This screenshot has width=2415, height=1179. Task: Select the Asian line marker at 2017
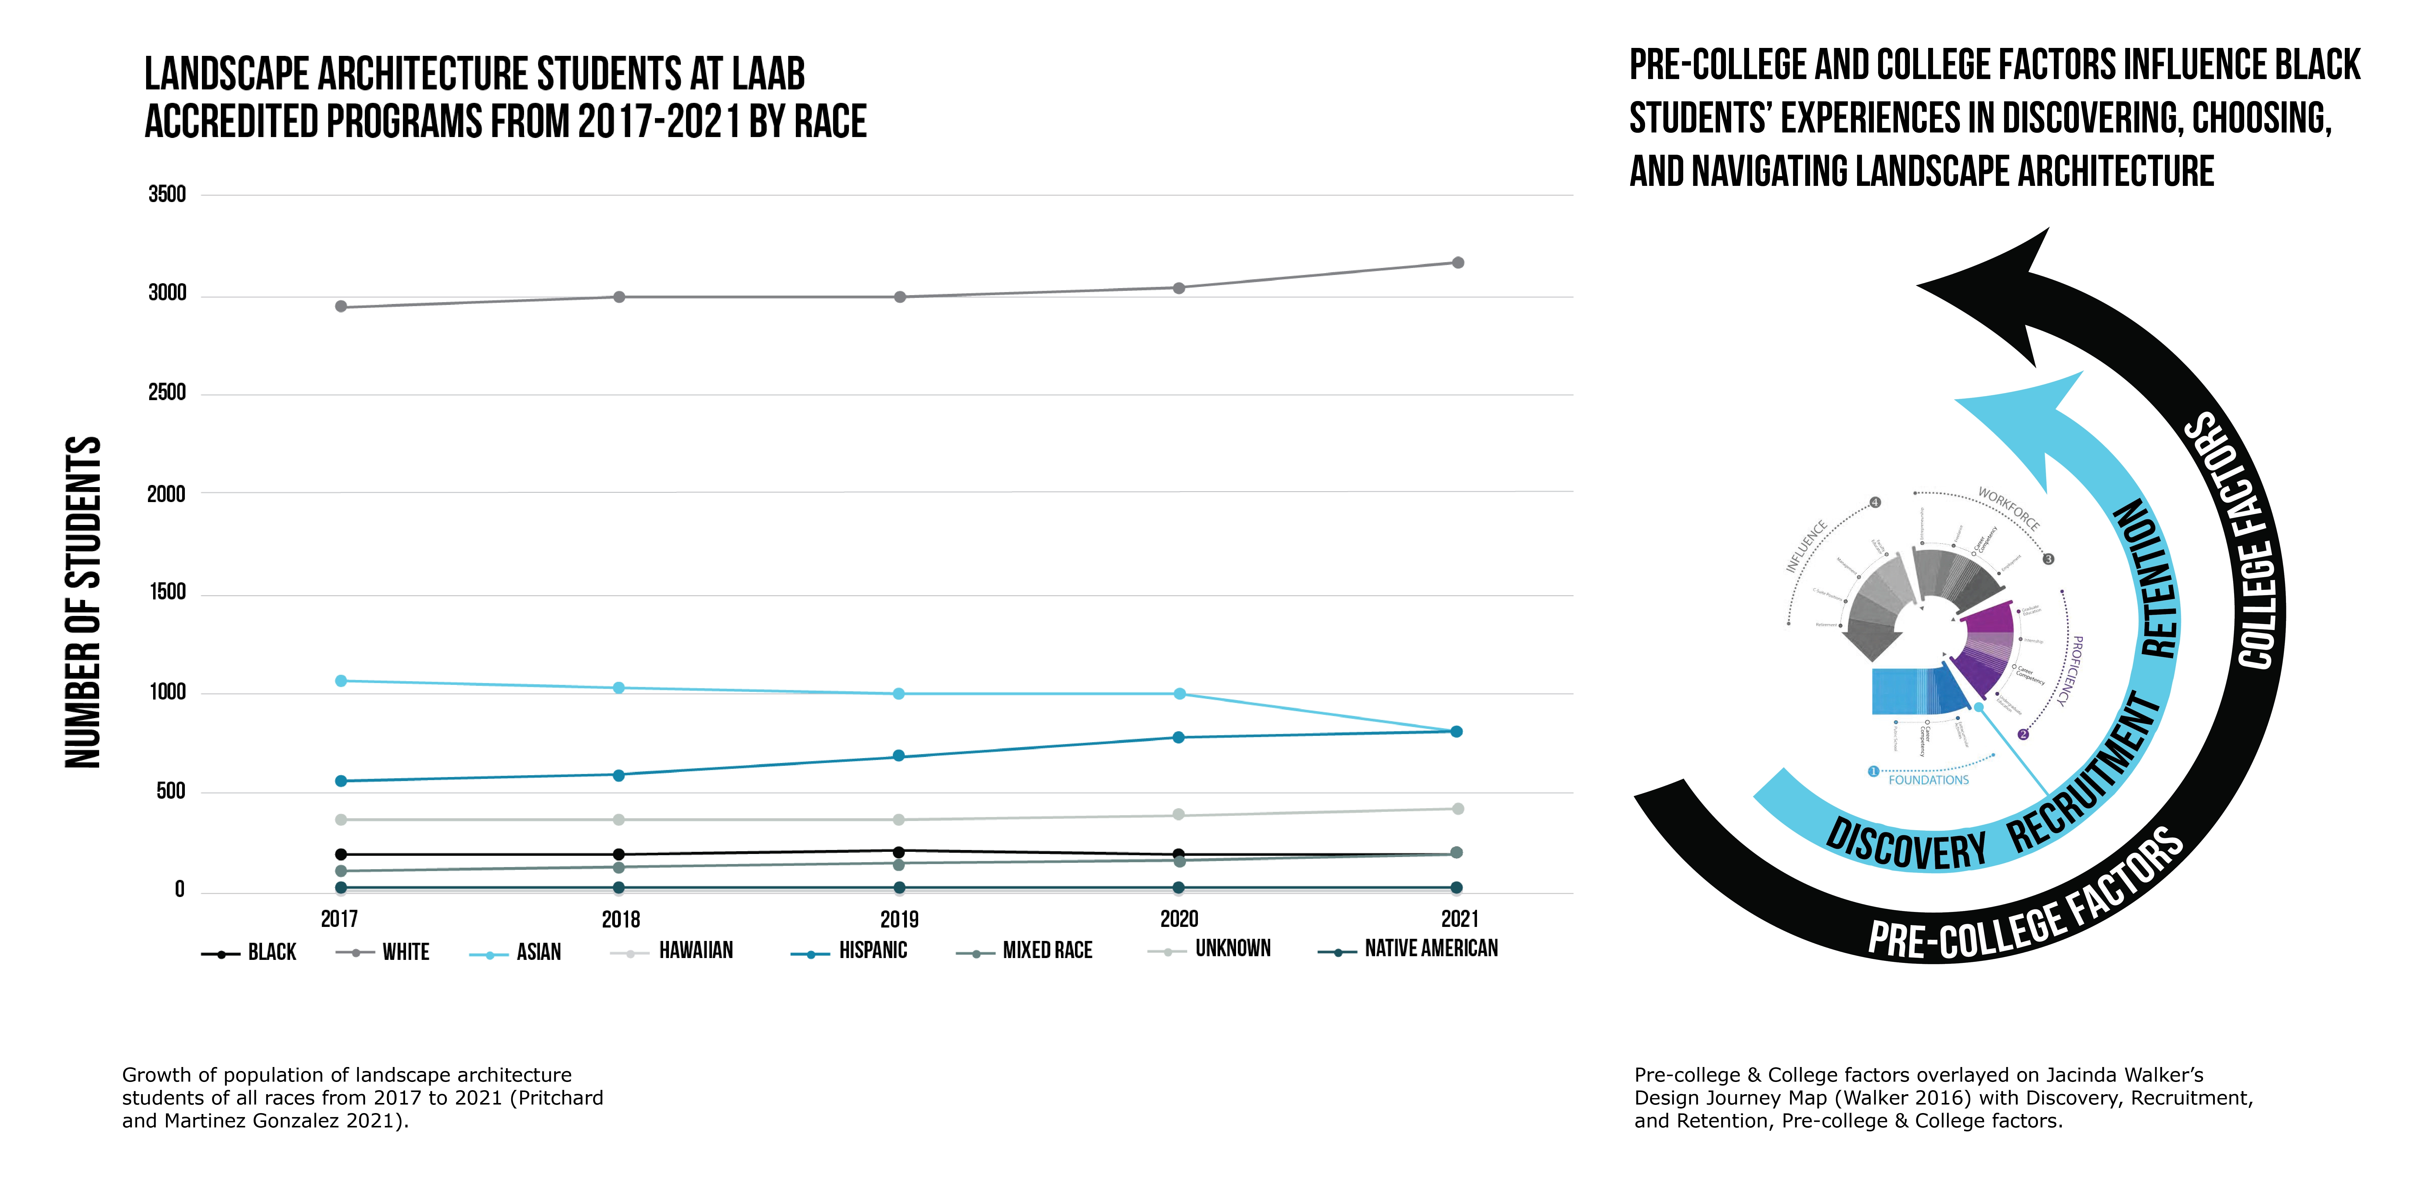click(x=341, y=681)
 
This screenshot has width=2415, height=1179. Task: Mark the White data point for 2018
click(x=619, y=297)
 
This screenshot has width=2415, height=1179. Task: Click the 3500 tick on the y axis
click(x=167, y=195)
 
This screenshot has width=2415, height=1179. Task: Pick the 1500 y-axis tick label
click(x=167, y=593)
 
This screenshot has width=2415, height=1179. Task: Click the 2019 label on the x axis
click(x=899, y=919)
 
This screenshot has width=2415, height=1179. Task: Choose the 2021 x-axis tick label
click(x=1459, y=919)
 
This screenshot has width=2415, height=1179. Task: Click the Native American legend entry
click(x=1431, y=949)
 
